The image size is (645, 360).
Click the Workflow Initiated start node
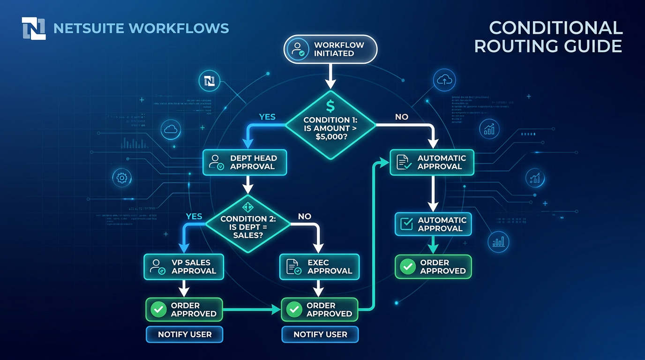tap(330, 49)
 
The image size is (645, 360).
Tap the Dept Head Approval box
tap(245, 162)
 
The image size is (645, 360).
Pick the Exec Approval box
tap(319, 267)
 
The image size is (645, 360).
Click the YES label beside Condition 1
tap(267, 117)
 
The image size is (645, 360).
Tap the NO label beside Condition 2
tap(305, 216)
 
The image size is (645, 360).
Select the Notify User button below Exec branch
tap(320, 334)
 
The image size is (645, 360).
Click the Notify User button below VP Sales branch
tap(185, 334)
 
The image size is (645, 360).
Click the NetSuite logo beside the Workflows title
tap(33, 28)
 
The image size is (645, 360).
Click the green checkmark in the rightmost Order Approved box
tap(407, 267)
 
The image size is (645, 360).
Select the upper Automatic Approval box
tap(432, 162)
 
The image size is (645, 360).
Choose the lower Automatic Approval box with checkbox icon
tap(433, 224)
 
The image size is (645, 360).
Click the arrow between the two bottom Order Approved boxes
tap(251, 310)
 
